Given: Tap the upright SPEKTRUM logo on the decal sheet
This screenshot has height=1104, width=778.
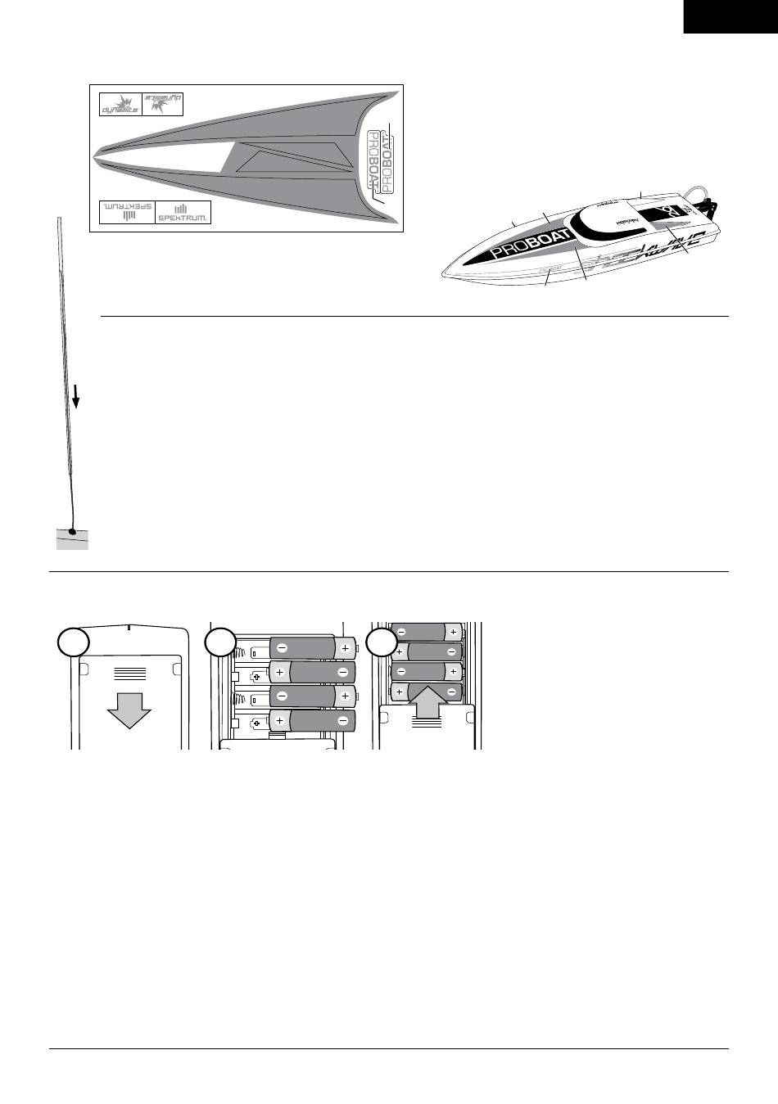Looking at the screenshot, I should [x=183, y=212].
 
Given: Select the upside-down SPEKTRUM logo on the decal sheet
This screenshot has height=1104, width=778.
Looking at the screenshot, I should [x=127, y=212].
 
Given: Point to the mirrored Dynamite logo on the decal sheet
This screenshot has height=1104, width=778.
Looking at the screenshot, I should [x=161, y=104].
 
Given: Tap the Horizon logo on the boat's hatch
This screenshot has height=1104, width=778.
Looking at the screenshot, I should [x=626, y=221].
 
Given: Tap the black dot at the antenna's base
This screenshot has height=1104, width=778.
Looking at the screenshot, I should [x=72, y=533].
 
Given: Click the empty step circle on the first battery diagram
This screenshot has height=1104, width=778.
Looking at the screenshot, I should [x=72, y=642].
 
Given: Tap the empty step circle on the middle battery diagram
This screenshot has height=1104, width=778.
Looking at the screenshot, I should [x=219, y=642].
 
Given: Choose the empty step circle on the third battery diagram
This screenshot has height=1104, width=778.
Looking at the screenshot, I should [x=382, y=642].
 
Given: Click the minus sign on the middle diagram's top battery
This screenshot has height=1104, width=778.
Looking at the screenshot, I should [x=282, y=647].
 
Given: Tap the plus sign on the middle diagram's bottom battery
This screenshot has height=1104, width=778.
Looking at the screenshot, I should [x=281, y=721].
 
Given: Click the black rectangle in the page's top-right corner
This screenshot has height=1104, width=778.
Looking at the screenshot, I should [x=731, y=16].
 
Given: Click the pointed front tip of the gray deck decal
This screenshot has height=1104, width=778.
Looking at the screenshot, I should [x=97, y=152].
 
